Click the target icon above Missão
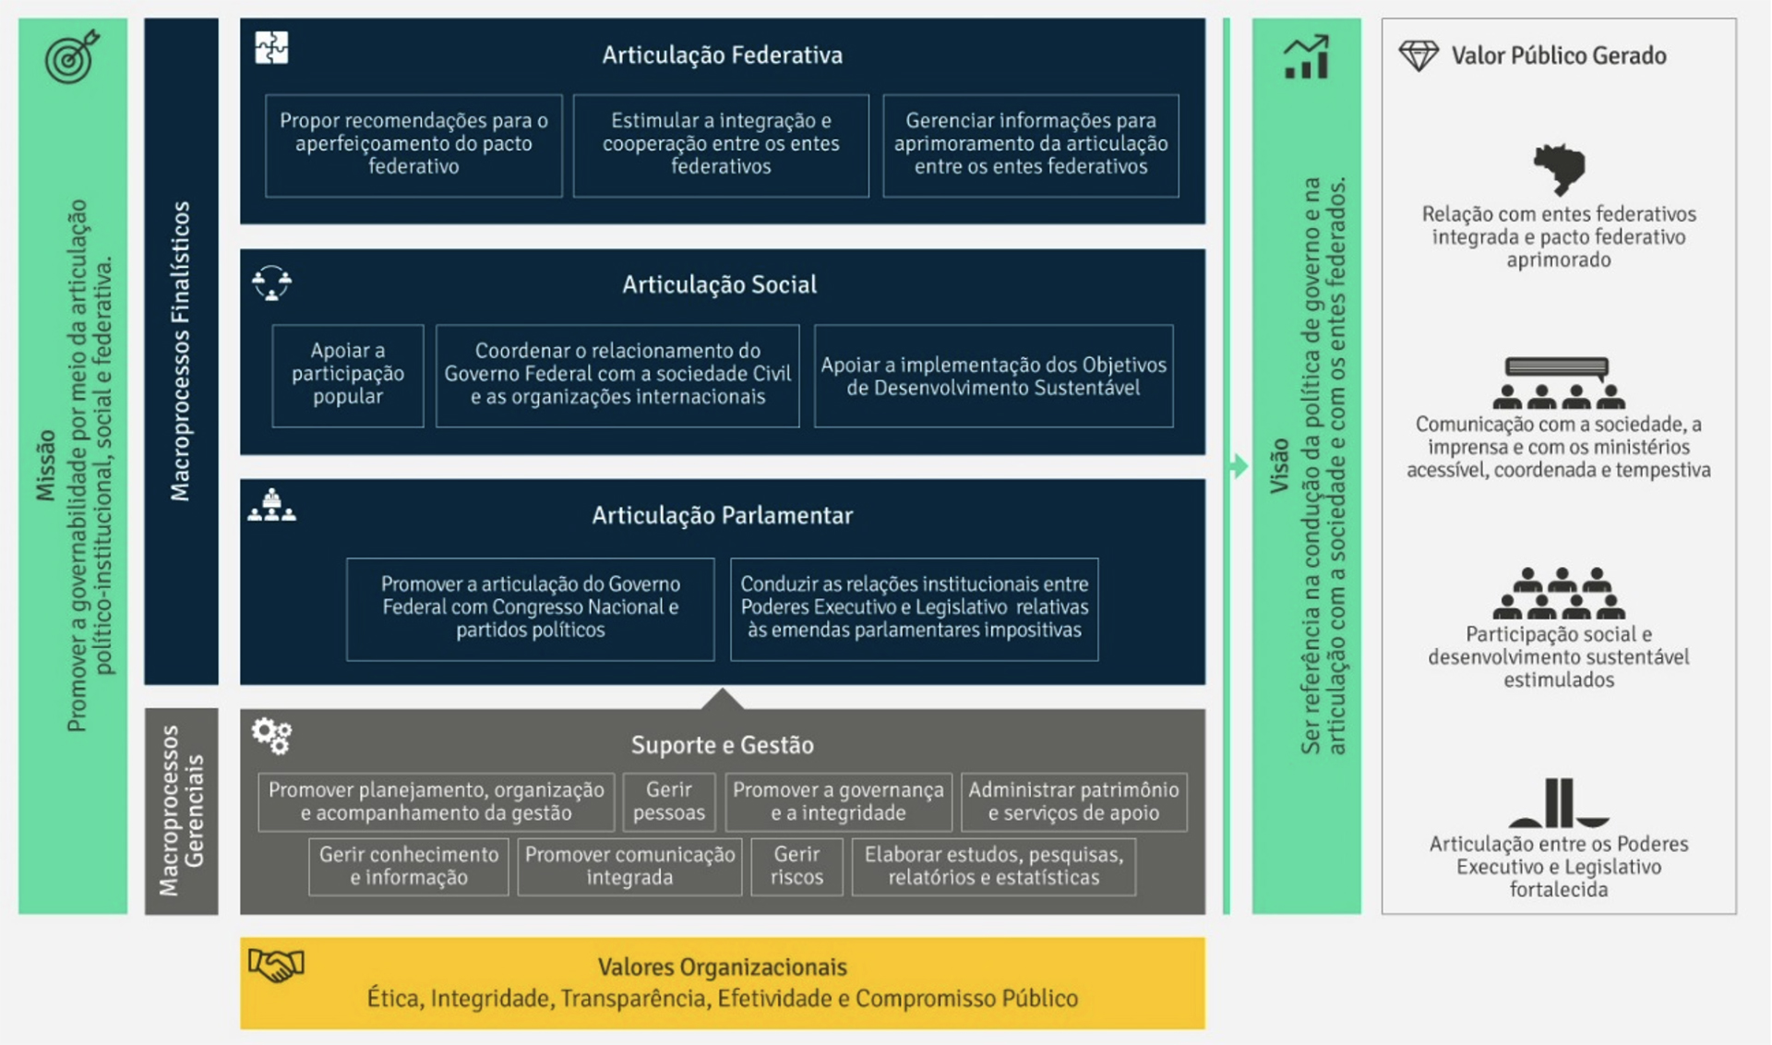tap(71, 57)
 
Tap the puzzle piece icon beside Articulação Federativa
tap(271, 47)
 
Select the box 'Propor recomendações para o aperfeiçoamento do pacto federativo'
tap(413, 145)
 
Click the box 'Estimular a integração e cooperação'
tap(721, 145)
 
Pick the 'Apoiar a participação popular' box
tap(348, 375)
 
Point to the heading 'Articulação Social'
tap(719, 284)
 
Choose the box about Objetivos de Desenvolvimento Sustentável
tap(993, 376)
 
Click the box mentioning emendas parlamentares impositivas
tap(914, 608)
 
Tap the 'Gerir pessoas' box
tap(668, 801)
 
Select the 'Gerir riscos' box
tap(796, 866)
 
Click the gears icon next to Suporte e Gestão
tap(272, 736)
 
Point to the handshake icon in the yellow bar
tap(276, 966)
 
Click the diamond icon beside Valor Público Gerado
tap(1419, 55)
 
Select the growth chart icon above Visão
tap(1306, 57)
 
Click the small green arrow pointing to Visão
tap(1238, 466)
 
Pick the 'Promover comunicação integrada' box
tap(629, 866)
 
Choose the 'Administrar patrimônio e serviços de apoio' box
tap(1073, 801)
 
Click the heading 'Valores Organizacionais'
tap(722, 967)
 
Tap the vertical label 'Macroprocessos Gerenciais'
tap(181, 811)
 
